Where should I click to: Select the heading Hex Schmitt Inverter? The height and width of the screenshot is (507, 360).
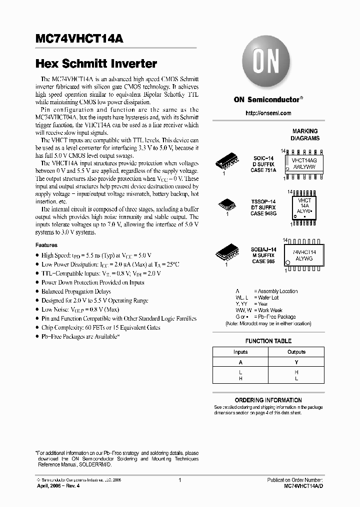tap(96, 64)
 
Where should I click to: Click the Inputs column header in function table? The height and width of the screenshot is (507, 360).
tap(240, 352)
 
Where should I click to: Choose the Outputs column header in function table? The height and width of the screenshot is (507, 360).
tap(296, 352)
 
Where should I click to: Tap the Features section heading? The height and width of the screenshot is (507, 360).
tap(46, 245)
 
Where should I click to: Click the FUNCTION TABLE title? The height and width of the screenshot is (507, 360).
tap(268, 341)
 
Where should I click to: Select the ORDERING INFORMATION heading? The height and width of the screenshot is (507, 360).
tap(268, 400)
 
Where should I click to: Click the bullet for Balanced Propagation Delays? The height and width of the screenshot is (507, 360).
tap(37, 292)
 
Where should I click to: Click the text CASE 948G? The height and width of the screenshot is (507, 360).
tap(263, 213)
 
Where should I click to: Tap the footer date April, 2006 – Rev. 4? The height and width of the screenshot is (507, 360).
tap(58, 486)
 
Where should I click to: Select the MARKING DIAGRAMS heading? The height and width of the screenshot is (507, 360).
tap(304, 135)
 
